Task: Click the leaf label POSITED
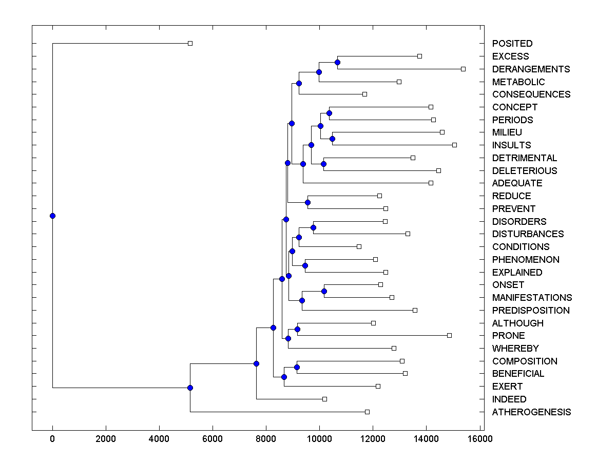pos(512,44)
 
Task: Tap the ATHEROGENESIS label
pos(531,412)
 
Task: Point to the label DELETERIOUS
pos(524,170)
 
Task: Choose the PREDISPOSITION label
pos(531,310)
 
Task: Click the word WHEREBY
pos(515,348)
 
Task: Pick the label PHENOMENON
pos(526,259)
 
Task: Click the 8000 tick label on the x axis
pos(266,439)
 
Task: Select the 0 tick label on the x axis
pos(52,439)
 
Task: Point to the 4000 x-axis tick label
pos(159,439)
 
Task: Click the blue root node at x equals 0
pos(52,216)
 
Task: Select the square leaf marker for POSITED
pos(190,44)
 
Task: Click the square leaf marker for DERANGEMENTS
pos(463,69)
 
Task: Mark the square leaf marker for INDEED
pos(324,399)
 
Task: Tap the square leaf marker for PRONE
pos(449,335)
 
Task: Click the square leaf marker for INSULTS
pos(454,145)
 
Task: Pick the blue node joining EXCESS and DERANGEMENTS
pos(337,63)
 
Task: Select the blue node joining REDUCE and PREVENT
pos(307,202)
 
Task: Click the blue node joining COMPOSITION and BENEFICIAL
pos(297,367)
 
